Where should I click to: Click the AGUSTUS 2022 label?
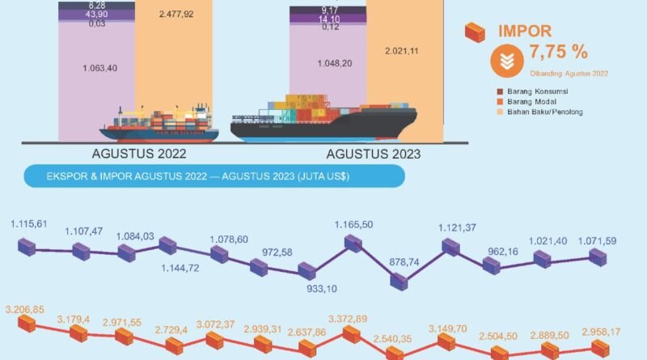click(139, 154)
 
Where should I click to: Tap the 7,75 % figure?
click(557, 54)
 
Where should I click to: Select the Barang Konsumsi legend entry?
click(538, 91)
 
